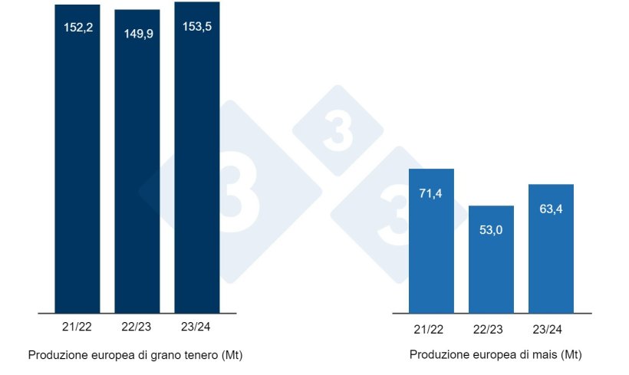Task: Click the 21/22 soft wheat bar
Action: click(x=77, y=169)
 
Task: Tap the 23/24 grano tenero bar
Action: click(x=197, y=169)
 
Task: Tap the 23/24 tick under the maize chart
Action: click(x=551, y=329)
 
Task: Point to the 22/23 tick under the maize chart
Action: click(x=491, y=329)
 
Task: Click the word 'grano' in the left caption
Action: click(x=150, y=356)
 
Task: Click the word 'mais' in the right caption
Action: click(x=546, y=356)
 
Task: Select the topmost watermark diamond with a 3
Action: click(x=338, y=129)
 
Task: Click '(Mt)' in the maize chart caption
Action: click(x=571, y=356)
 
